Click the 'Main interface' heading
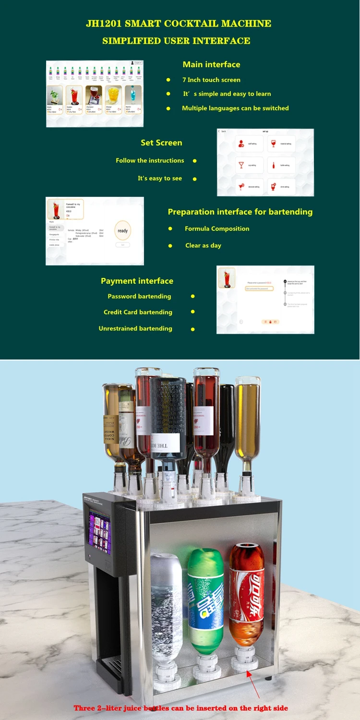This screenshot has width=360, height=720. point(211,64)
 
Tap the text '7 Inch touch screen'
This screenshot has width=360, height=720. point(211,80)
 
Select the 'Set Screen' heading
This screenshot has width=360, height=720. point(161,143)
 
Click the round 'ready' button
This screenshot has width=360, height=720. point(123,231)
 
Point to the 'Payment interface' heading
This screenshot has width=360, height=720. point(137,281)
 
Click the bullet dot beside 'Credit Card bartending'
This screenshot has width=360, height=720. point(192,312)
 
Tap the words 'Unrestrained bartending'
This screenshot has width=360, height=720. point(135,328)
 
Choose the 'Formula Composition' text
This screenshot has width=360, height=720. point(217,228)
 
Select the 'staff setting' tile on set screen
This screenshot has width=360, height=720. point(249,143)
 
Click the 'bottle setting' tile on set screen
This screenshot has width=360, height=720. point(280,165)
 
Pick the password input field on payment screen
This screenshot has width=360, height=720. point(259,288)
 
